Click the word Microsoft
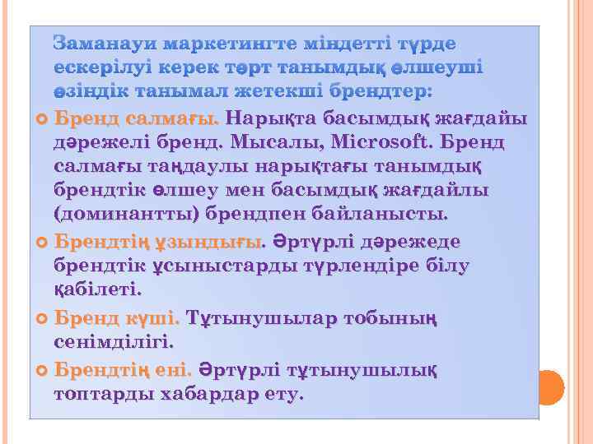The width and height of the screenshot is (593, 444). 382,142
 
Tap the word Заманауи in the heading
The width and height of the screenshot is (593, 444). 104,43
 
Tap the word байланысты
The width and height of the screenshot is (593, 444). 382,215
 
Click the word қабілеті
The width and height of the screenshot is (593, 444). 97,290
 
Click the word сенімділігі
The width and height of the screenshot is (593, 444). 114,340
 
